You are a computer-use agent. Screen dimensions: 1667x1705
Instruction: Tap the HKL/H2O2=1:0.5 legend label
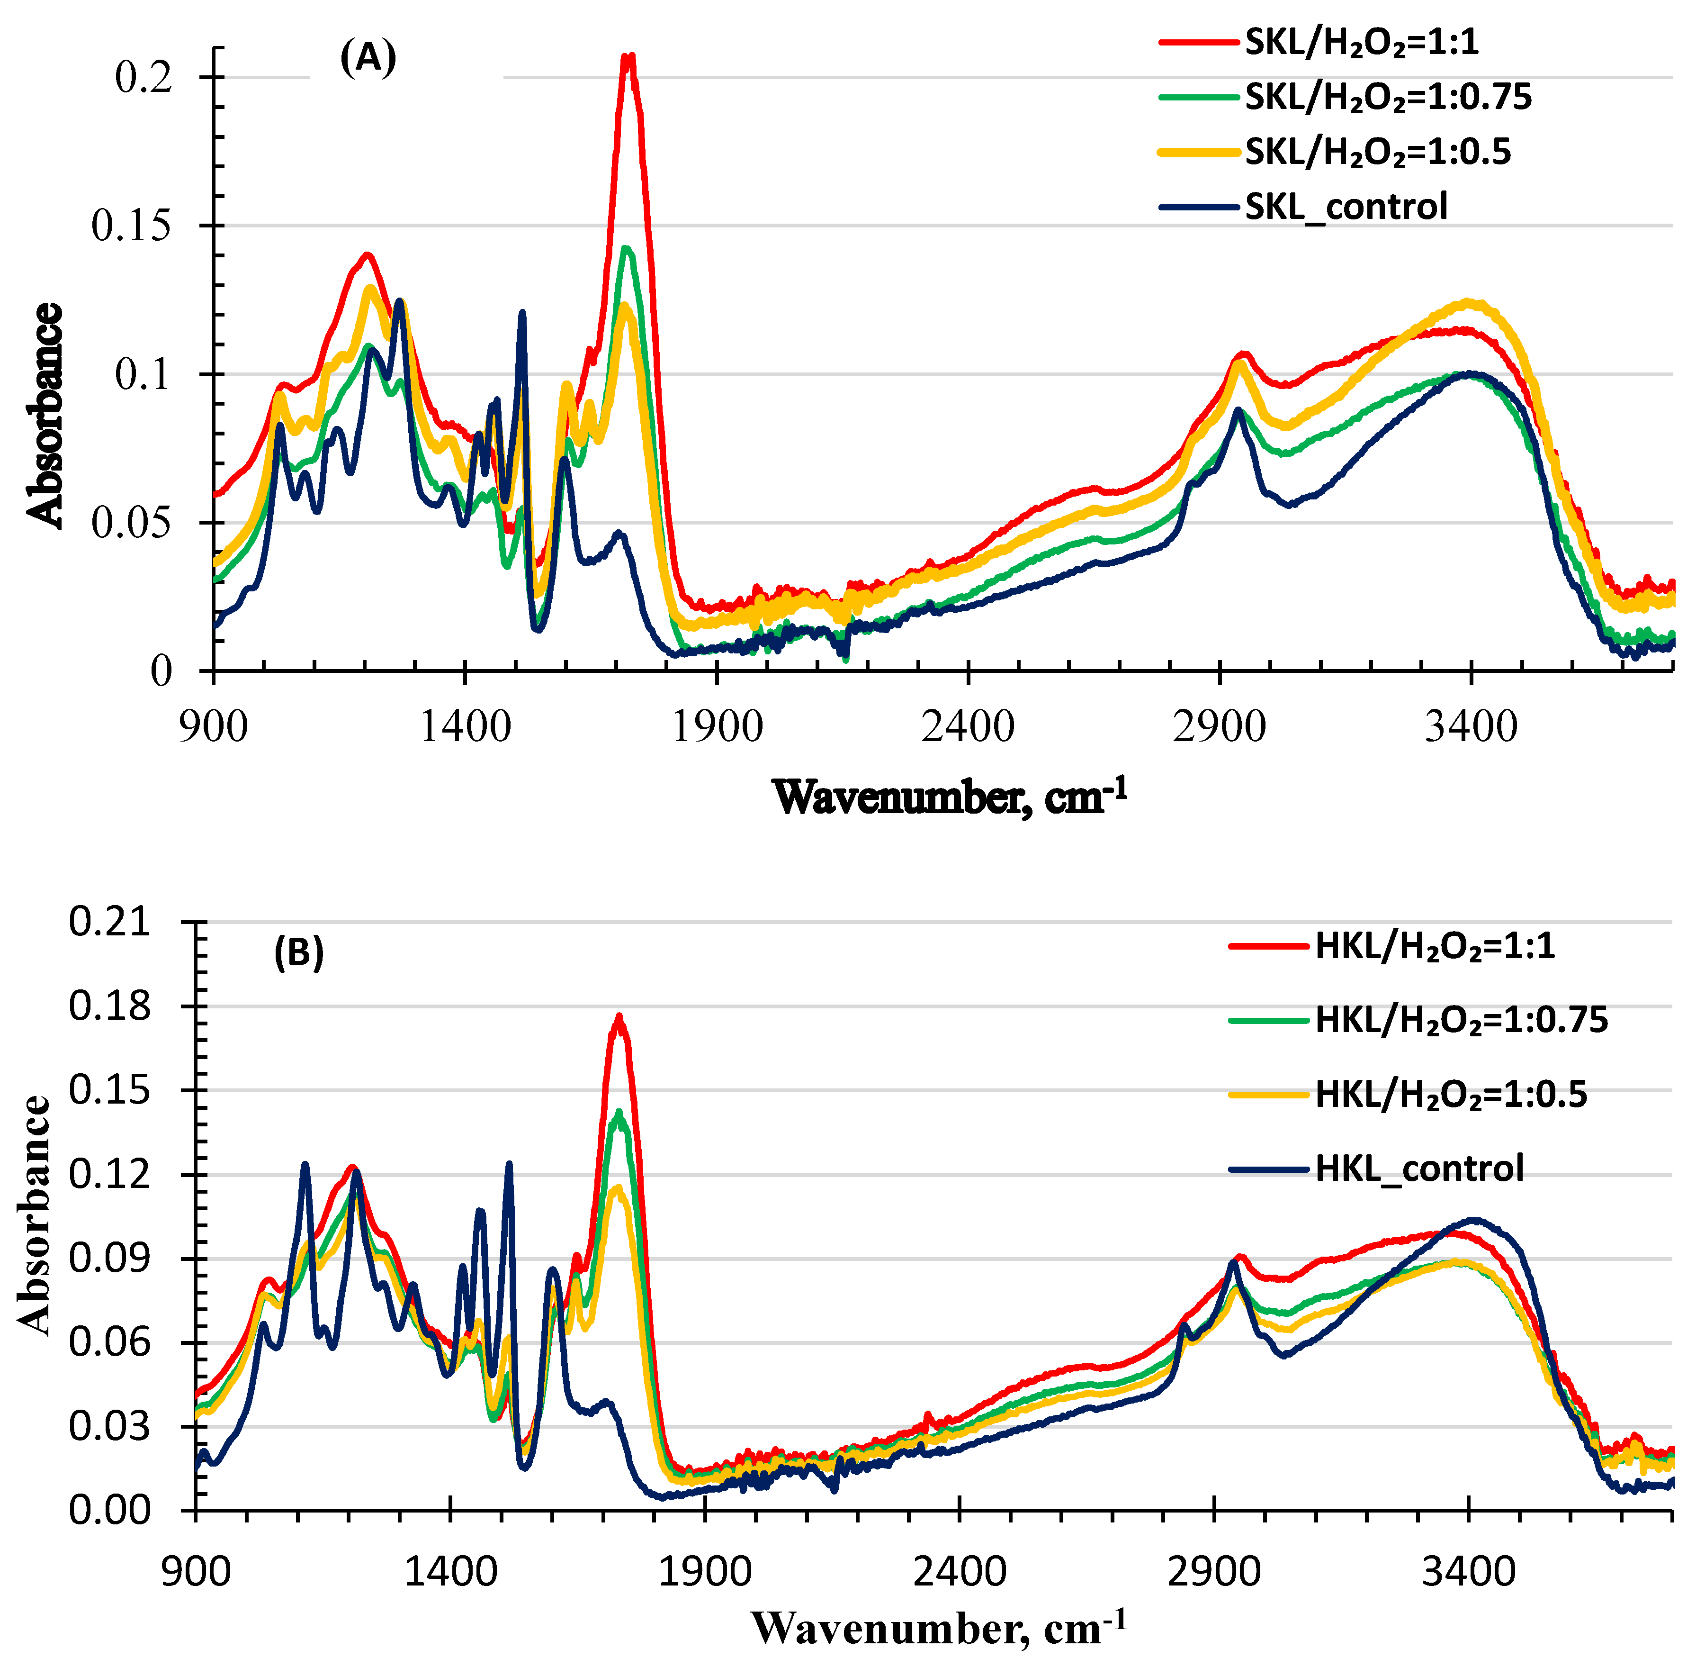1450,1095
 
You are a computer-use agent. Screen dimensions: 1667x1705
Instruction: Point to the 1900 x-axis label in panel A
717,727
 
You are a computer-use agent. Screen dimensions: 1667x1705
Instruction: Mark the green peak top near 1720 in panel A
626,249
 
